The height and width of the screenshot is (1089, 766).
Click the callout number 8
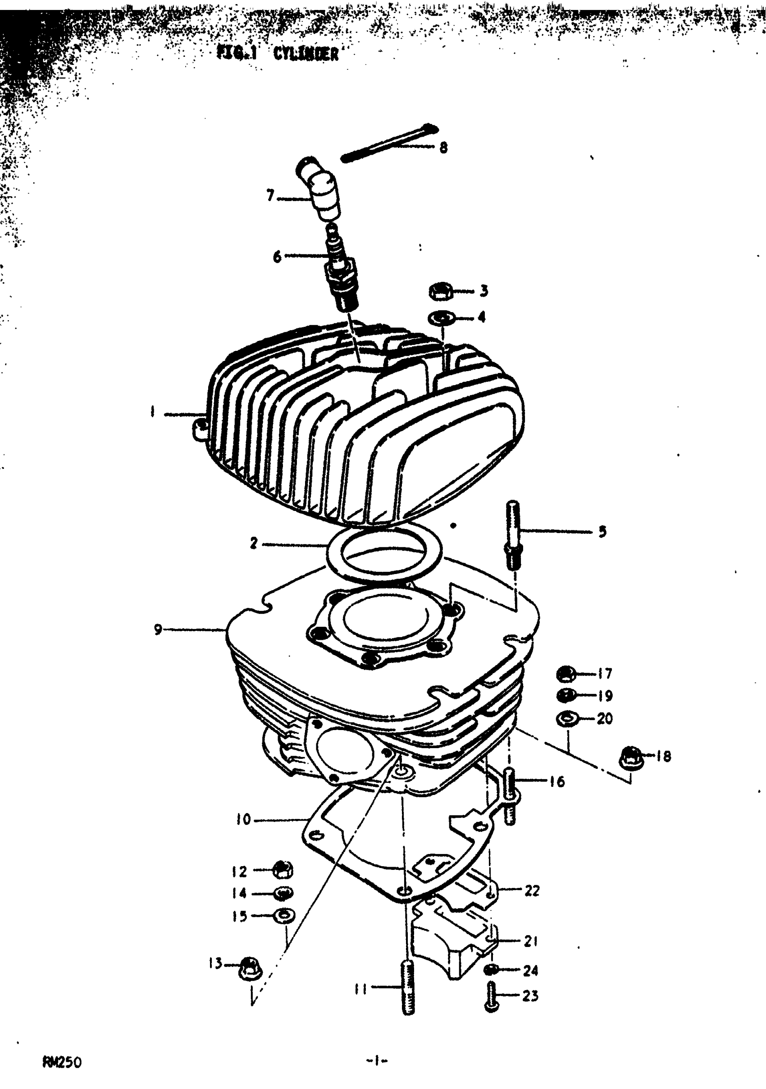pos(443,147)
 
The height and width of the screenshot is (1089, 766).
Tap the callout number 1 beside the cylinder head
pos(153,412)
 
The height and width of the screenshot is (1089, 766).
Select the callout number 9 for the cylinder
pos(158,630)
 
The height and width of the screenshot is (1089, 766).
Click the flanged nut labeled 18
pos(630,756)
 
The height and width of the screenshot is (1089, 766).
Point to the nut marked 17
pos(565,673)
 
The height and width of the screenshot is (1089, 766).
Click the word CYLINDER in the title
pos(306,54)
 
